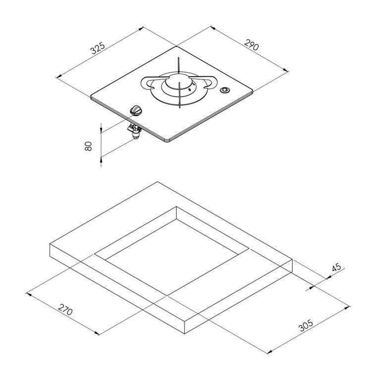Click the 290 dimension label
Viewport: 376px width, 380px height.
click(x=252, y=45)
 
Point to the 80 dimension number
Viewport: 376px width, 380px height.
click(x=88, y=146)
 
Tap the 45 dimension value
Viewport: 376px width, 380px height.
click(x=336, y=268)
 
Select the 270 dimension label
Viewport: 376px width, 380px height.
click(x=65, y=309)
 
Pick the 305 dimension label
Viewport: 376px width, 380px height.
click(x=306, y=325)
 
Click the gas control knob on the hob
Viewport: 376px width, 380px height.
click(x=136, y=110)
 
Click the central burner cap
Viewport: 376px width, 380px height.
click(x=178, y=81)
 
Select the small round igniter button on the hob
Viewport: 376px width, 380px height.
click(x=225, y=90)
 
